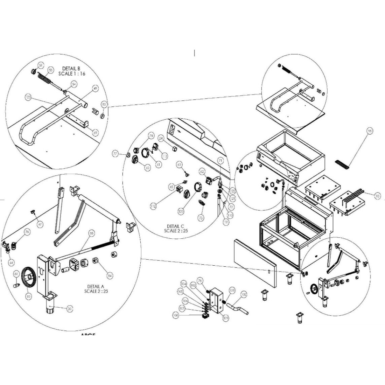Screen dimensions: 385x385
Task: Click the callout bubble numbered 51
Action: pos(41,65)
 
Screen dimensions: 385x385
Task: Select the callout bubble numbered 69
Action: pos(94,132)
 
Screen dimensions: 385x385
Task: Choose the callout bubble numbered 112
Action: pos(153,206)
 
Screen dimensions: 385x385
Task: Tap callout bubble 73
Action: pos(201,218)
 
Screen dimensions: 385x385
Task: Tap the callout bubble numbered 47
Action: pos(40,224)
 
